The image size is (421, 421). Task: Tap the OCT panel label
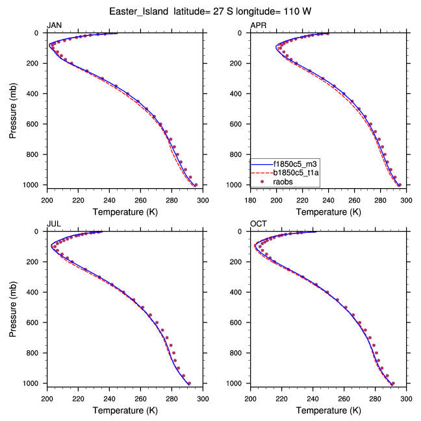258,224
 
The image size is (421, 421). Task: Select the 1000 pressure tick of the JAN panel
34,186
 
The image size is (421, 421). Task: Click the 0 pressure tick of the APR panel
244,33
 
